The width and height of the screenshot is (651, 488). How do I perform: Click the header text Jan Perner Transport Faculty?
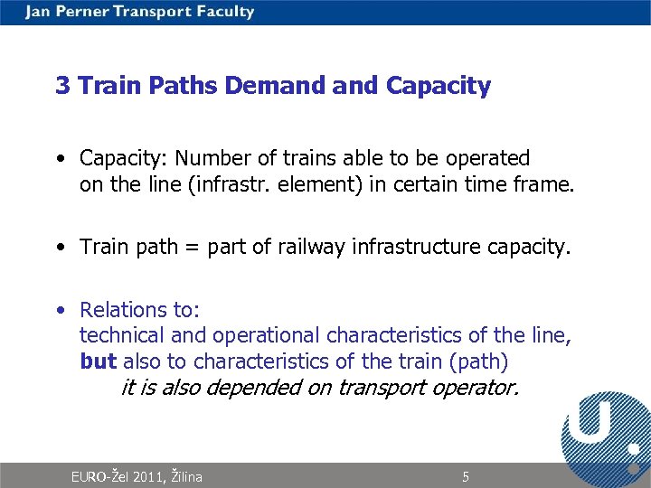click(x=140, y=12)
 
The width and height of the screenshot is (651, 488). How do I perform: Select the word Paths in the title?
click(x=190, y=86)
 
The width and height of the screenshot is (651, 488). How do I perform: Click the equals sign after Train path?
click(x=193, y=247)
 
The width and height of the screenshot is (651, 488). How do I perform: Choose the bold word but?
click(x=98, y=362)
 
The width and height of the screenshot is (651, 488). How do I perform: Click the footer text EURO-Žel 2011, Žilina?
click(x=137, y=476)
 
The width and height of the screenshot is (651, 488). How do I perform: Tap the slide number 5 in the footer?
click(x=466, y=476)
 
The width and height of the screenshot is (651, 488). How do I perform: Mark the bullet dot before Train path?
click(x=59, y=247)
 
